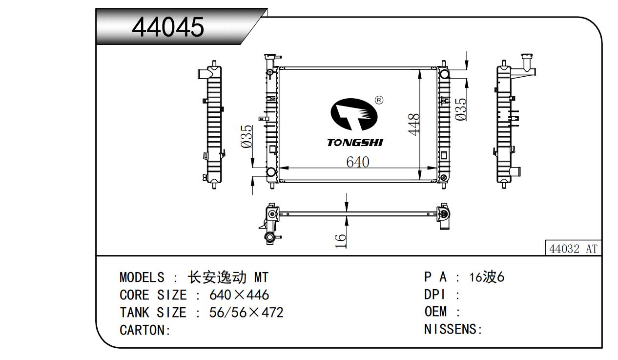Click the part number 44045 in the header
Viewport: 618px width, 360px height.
pyautogui.click(x=168, y=27)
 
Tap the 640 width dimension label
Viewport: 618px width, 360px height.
pyautogui.click(x=357, y=162)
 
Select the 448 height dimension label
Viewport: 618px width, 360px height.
pyautogui.click(x=414, y=125)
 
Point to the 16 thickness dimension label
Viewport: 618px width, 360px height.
pyautogui.click(x=341, y=240)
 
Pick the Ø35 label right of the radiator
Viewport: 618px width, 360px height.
pyautogui.click(x=460, y=108)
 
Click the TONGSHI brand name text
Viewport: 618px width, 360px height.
pyautogui.click(x=355, y=143)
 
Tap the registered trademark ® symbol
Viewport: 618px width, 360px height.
pyautogui.click(x=379, y=100)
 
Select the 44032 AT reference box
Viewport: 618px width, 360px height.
pyautogui.click(x=573, y=249)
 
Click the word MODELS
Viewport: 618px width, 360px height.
pyautogui.click(x=142, y=278)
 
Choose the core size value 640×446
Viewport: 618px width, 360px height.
pyautogui.click(x=239, y=295)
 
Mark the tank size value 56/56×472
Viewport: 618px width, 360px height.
pyautogui.click(x=246, y=313)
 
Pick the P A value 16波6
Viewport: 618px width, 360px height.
pyautogui.click(x=486, y=277)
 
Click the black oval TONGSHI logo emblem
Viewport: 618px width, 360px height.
pyautogui.click(x=355, y=115)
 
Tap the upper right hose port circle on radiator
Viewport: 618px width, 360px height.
pyautogui.click(x=444, y=74)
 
